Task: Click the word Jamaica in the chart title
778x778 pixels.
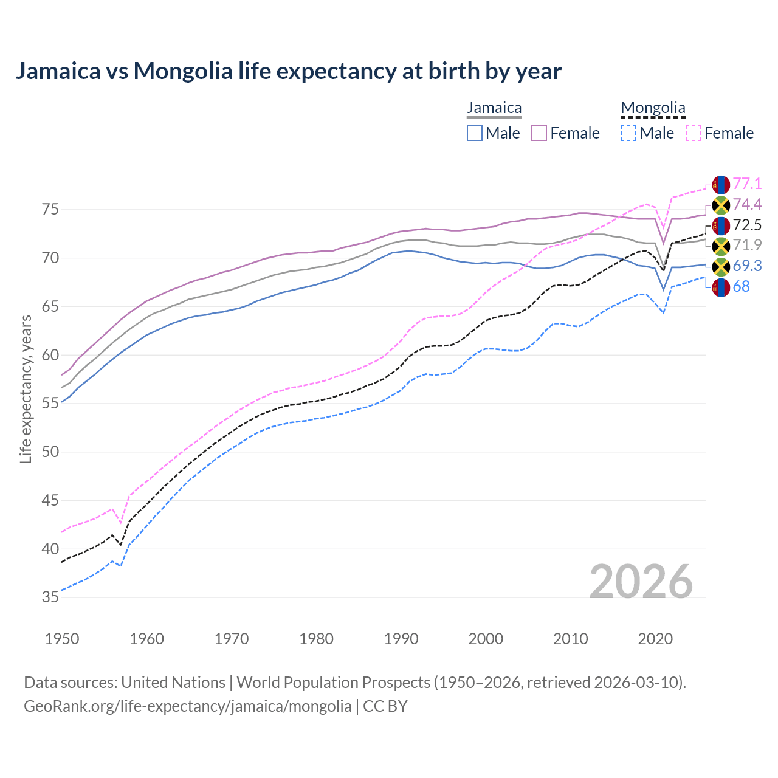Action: click(x=58, y=71)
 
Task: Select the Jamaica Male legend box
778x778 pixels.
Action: click(x=475, y=133)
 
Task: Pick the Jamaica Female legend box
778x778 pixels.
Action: click(x=540, y=133)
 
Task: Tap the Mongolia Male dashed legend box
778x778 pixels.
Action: click(x=628, y=133)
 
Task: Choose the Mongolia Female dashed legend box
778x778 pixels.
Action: click(x=694, y=133)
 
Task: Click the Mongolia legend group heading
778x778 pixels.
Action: click(x=653, y=108)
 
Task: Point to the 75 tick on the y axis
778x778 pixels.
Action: click(x=50, y=210)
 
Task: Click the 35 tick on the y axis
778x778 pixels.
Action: click(x=50, y=597)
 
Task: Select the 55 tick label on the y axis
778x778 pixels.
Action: click(x=50, y=404)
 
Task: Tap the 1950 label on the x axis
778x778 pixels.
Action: click(x=62, y=639)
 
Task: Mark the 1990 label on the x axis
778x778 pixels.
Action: click(x=401, y=639)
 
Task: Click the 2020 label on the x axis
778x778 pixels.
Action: click(x=655, y=639)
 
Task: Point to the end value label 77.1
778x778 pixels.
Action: click(x=747, y=184)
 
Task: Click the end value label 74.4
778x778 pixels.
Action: click(x=747, y=205)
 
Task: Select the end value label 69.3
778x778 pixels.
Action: click(x=747, y=266)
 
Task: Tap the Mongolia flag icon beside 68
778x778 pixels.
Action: click(x=721, y=287)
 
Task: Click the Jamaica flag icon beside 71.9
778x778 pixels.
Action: click(x=721, y=246)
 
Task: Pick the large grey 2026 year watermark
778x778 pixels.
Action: click(x=641, y=582)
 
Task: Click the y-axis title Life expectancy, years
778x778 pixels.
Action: click(x=26, y=389)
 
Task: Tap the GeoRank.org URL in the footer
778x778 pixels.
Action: click(x=187, y=706)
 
